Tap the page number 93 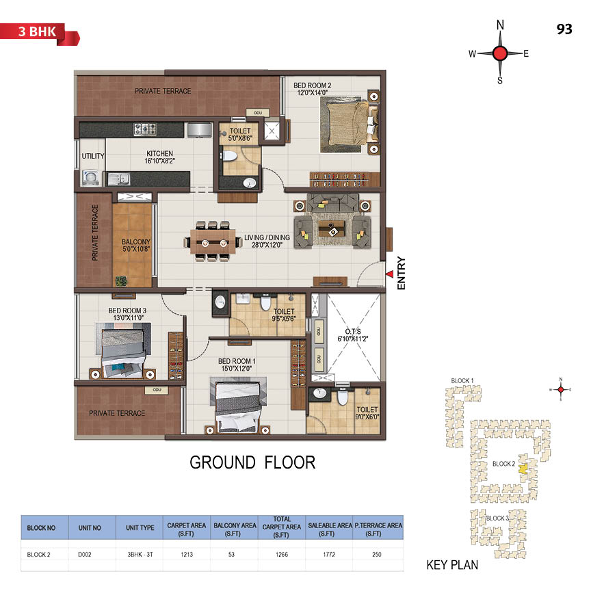(564, 29)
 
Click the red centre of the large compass (500, 53)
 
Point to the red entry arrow (390, 274)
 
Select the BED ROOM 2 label (312, 86)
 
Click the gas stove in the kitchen (145, 129)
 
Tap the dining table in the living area (212, 242)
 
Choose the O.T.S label (353, 331)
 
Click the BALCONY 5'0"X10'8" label (136, 245)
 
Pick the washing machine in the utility (91, 177)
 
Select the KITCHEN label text (160, 153)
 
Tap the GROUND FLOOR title (252, 462)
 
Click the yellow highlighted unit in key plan (523, 469)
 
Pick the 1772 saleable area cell (329, 555)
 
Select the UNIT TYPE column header (140, 527)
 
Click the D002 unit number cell (84, 555)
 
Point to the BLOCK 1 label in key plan (462, 381)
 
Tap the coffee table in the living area (332, 228)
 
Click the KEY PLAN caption (452, 565)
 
